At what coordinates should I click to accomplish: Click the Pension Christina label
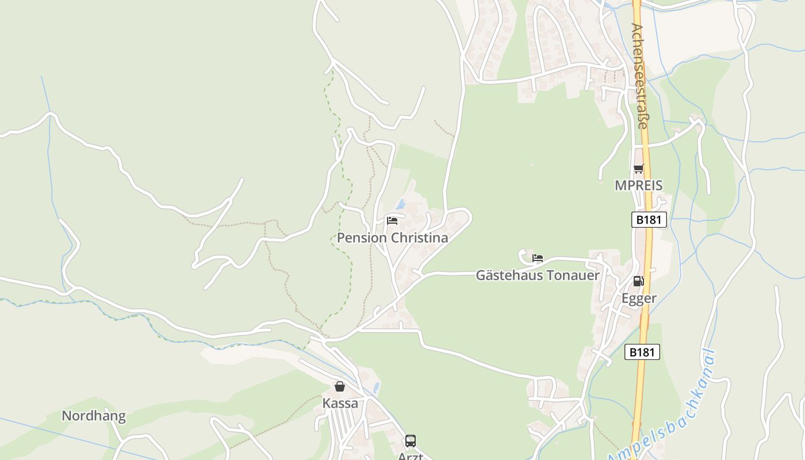(392, 237)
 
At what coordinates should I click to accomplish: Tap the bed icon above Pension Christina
(392, 220)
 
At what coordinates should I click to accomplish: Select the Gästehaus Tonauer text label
(538, 275)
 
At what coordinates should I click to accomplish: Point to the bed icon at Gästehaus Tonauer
(538, 258)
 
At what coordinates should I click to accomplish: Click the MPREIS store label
(638, 185)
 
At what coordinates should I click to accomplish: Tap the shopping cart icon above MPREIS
(638, 168)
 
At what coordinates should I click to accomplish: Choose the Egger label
(638, 298)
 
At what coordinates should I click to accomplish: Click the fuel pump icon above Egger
(638, 281)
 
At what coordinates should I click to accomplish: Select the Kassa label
(340, 403)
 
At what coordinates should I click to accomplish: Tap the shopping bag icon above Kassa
(340, 386)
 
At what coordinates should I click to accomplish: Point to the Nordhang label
(93, 416)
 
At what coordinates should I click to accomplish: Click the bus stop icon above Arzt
(410, 441)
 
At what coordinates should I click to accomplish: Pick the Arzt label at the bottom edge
(410, 456)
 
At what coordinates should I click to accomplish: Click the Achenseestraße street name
(639, 76)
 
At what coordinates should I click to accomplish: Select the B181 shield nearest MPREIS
(649, 220)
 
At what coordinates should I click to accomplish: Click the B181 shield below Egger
(642, 352)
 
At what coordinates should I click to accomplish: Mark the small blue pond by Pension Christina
(401, 204)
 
